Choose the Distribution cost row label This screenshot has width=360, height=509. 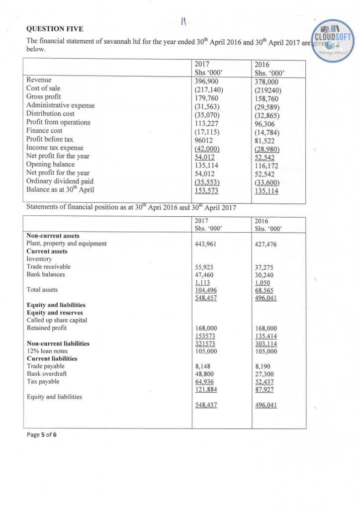[50, 113]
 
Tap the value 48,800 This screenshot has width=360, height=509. [205, 374]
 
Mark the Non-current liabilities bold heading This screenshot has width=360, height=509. [58, 343]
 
